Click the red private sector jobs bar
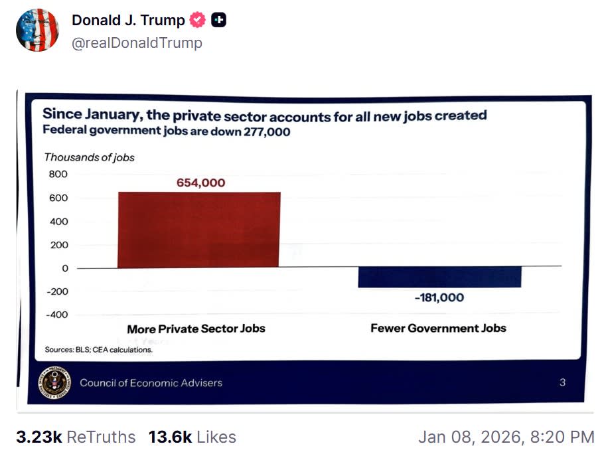(198, 230)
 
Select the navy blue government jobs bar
(439, 277)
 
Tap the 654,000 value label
(200, 183)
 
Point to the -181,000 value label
(439, 297)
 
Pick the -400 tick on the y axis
(57, 315)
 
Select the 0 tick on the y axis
(65, 268)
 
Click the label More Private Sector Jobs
(196, 329)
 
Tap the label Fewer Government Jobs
(438, 328)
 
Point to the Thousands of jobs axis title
(89, 157)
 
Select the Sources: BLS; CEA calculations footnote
(98, 350)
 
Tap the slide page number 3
(562, 382)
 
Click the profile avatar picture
(38, 31)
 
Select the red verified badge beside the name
(198, 21)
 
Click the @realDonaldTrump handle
(137, 43)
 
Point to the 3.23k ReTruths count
(75, 437)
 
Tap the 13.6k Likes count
(192, 437)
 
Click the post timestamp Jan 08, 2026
(506, 437)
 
